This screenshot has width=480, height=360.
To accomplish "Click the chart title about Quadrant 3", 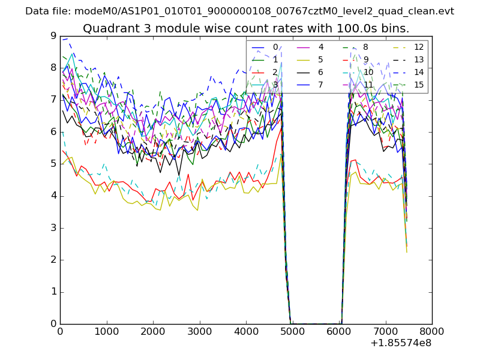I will point(246,29).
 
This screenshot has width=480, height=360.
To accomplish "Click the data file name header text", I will point(239,11).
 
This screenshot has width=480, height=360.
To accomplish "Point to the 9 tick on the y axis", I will point(53,35).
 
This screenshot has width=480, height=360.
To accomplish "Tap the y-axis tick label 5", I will point(53,164).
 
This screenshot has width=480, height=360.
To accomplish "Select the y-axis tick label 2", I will point(53,260).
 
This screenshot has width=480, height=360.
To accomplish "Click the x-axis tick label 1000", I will point(106,331).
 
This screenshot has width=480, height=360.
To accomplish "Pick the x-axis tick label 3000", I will point(199,331).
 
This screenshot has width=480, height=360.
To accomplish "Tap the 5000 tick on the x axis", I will point(292,331).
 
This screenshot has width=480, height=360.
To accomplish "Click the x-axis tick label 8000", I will point(432,331).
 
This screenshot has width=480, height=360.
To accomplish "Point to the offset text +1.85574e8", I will point(400,343).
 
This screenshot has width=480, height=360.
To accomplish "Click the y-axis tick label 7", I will point(53,100).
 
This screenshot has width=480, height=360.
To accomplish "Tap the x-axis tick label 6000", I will point(339,331).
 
